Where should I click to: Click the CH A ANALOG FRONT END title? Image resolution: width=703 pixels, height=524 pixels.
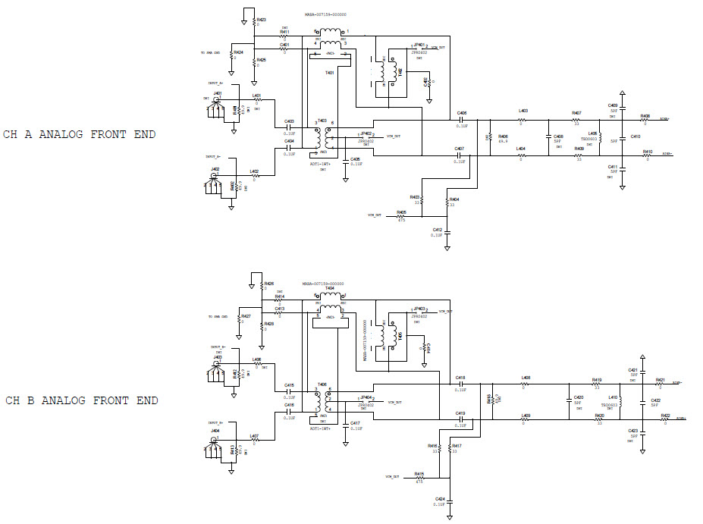[80, 135]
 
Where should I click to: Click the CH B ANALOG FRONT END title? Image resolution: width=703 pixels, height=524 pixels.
[80, 400]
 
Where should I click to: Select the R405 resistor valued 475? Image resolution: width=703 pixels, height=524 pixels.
[401, 216]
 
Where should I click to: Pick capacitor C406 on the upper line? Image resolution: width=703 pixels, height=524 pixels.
[460, 119]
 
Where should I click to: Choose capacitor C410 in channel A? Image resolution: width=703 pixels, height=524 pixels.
[622, 137]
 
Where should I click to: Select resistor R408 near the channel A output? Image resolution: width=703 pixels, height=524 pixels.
[645, 120]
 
